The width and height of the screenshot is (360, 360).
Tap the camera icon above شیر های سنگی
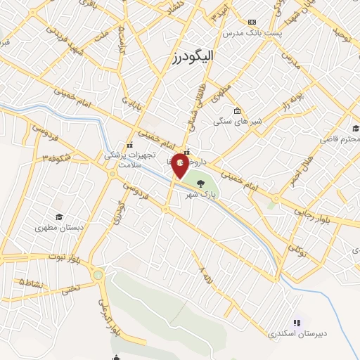[238, 110]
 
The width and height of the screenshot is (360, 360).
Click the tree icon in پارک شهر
[202, 184]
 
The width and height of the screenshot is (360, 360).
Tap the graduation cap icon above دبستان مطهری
[59, 217]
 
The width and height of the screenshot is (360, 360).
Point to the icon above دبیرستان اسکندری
[297, 323]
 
